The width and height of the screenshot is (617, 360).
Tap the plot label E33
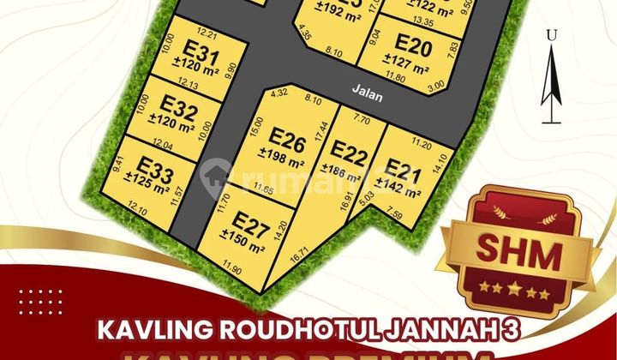(155, 166)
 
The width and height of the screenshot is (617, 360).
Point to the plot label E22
(349, 153)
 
